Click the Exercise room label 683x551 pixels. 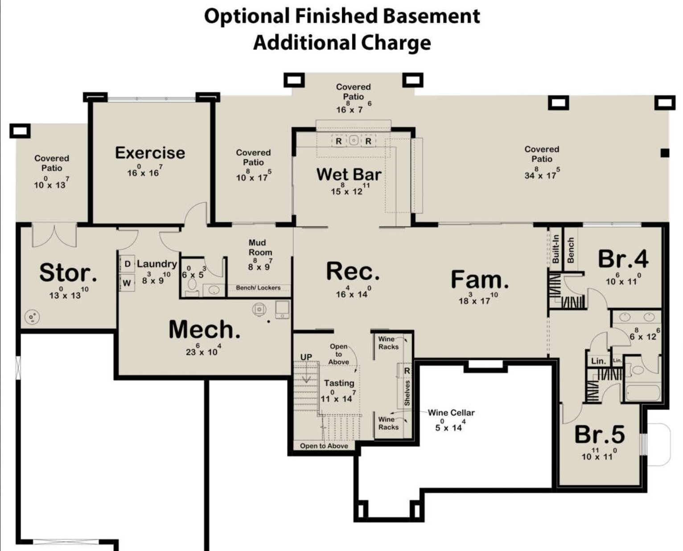pyautogui.click(x=150, y=153)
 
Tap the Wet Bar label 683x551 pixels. pyautogui.click(x=349, y=174)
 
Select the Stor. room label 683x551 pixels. pyautogui.click(x=68, y=273)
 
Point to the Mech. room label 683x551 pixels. pyautogui.click(x=205, y=330)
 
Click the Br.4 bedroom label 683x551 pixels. pyautogui.click(x=623, y=259)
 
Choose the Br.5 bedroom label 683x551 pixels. pyautogui.click(x=600, y=435)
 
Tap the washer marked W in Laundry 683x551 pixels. pyautogui.click(x=127, y=283)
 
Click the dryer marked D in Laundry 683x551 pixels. pyautogui.click(x=127, y=264)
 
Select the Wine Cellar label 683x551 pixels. pyautogui.click(x=451, y=413)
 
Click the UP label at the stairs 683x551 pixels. pyautogui.click(x=306, y=357)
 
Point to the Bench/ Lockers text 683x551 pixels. pyautogui.click(x=258, y=288)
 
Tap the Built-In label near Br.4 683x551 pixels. pyautogui.click(x=555, y=249)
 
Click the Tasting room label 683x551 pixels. pyautogui.click(x=339, y=383)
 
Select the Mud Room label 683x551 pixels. pyautogui.click(x=260, y=248)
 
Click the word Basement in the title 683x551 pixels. pyautogui.click(x=431, y=16)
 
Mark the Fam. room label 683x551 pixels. pyautogui.click(x=480, y=279)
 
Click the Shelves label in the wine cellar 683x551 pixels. pyautogui.click(x=407, y=393)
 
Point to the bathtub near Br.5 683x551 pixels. pyautogui.click(x=643, y=393)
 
